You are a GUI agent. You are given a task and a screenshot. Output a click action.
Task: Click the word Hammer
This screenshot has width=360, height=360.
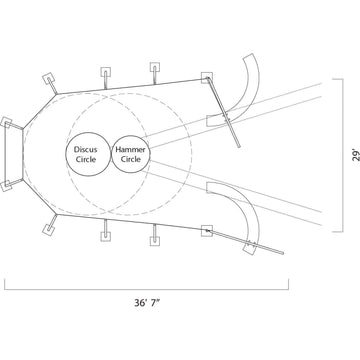(130, 150)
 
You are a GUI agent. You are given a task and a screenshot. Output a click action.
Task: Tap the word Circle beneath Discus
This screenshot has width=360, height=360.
(86, 159)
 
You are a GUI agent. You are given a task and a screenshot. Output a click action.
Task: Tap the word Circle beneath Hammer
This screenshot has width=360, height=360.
(131, 159)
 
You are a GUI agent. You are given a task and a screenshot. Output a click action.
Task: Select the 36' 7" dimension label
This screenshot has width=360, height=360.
(148, 303)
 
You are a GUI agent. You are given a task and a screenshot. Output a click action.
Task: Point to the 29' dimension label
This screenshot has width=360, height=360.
(356, 156)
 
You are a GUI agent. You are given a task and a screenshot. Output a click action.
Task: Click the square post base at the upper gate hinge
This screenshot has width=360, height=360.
(207, 77)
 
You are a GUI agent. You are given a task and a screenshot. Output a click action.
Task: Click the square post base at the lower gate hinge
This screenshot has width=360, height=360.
(207, 231)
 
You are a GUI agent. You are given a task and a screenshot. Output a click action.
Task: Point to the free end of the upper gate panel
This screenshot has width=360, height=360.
(239, 146)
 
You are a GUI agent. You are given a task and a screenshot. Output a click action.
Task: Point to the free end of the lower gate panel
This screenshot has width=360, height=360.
(283, 253)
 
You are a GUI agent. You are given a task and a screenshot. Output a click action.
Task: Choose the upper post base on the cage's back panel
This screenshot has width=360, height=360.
(6, 123)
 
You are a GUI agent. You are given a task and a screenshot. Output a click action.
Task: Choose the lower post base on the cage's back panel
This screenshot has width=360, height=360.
(6, 186)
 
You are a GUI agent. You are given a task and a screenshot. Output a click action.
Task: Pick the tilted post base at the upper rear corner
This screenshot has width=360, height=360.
(49, 79)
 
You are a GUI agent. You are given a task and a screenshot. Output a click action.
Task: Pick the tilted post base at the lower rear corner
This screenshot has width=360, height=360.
(49, 229)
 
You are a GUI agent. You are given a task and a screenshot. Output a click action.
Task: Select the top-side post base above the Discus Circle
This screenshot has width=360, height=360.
(106, 72)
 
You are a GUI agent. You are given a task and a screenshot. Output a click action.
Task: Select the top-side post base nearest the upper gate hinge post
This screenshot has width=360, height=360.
(155, 68)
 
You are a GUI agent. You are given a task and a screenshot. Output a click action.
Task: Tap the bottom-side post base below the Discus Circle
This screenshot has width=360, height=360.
(106, 236)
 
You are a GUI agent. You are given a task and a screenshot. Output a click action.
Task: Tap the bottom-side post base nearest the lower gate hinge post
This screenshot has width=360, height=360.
(155, 241)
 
